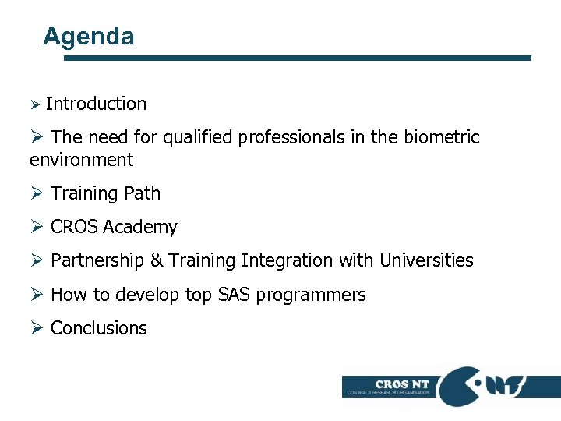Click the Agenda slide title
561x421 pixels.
89,36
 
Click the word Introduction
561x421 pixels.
96,104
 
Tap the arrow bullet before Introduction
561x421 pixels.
34,104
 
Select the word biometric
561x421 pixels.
442,138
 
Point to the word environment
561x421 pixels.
81,161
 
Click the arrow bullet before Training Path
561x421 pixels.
37,193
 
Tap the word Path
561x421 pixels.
143,193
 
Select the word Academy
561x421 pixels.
140,227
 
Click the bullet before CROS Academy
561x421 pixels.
37,227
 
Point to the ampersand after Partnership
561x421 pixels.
156,260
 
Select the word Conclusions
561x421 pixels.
98,328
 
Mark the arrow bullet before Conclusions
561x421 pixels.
37,328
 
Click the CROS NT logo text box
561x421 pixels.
391,387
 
